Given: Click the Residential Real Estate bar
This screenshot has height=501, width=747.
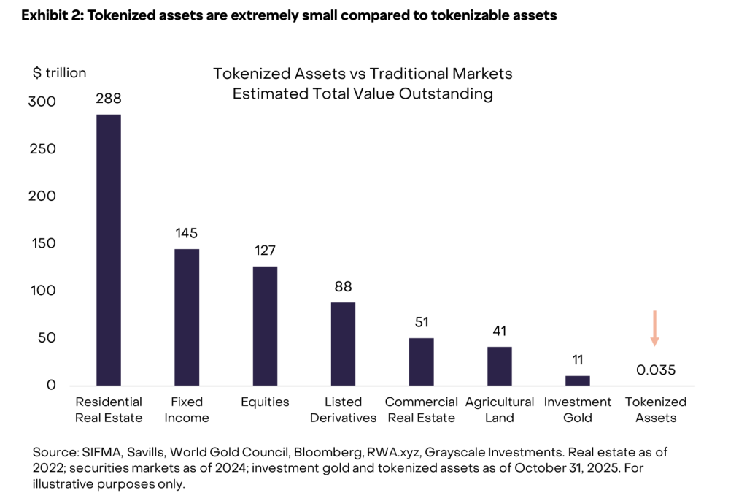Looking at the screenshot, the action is [109, 250].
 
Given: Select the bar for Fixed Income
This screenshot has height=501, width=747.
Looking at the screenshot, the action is [187, 317].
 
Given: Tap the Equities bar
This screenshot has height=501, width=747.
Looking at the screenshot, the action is [265, 326].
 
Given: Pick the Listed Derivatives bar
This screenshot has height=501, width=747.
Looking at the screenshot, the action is [343, 344].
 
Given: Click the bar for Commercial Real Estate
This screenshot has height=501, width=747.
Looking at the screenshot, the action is [421, 362].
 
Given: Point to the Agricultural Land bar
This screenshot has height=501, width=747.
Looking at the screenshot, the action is [499, 366].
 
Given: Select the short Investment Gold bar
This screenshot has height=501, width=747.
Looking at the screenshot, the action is [578, 380].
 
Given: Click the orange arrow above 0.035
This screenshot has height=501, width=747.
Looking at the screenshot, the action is [654, 328].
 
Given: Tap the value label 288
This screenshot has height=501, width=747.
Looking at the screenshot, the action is [109, 99].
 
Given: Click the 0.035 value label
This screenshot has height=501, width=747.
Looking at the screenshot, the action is [656, 370].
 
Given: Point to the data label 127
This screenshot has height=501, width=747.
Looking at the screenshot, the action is [265, 250].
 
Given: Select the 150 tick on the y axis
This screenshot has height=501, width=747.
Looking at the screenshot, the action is [44, 243].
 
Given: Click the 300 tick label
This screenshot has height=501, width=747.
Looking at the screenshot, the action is [42, 102].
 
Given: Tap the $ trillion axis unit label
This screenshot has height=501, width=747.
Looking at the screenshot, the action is [60, 73].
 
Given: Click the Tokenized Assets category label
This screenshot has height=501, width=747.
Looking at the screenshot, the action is [656, 410].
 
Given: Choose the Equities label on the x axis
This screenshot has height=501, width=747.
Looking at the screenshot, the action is [265, 402].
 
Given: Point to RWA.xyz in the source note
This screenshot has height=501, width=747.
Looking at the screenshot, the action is [393, 452].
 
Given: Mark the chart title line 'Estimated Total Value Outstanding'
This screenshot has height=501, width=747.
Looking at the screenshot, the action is [363, 94].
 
